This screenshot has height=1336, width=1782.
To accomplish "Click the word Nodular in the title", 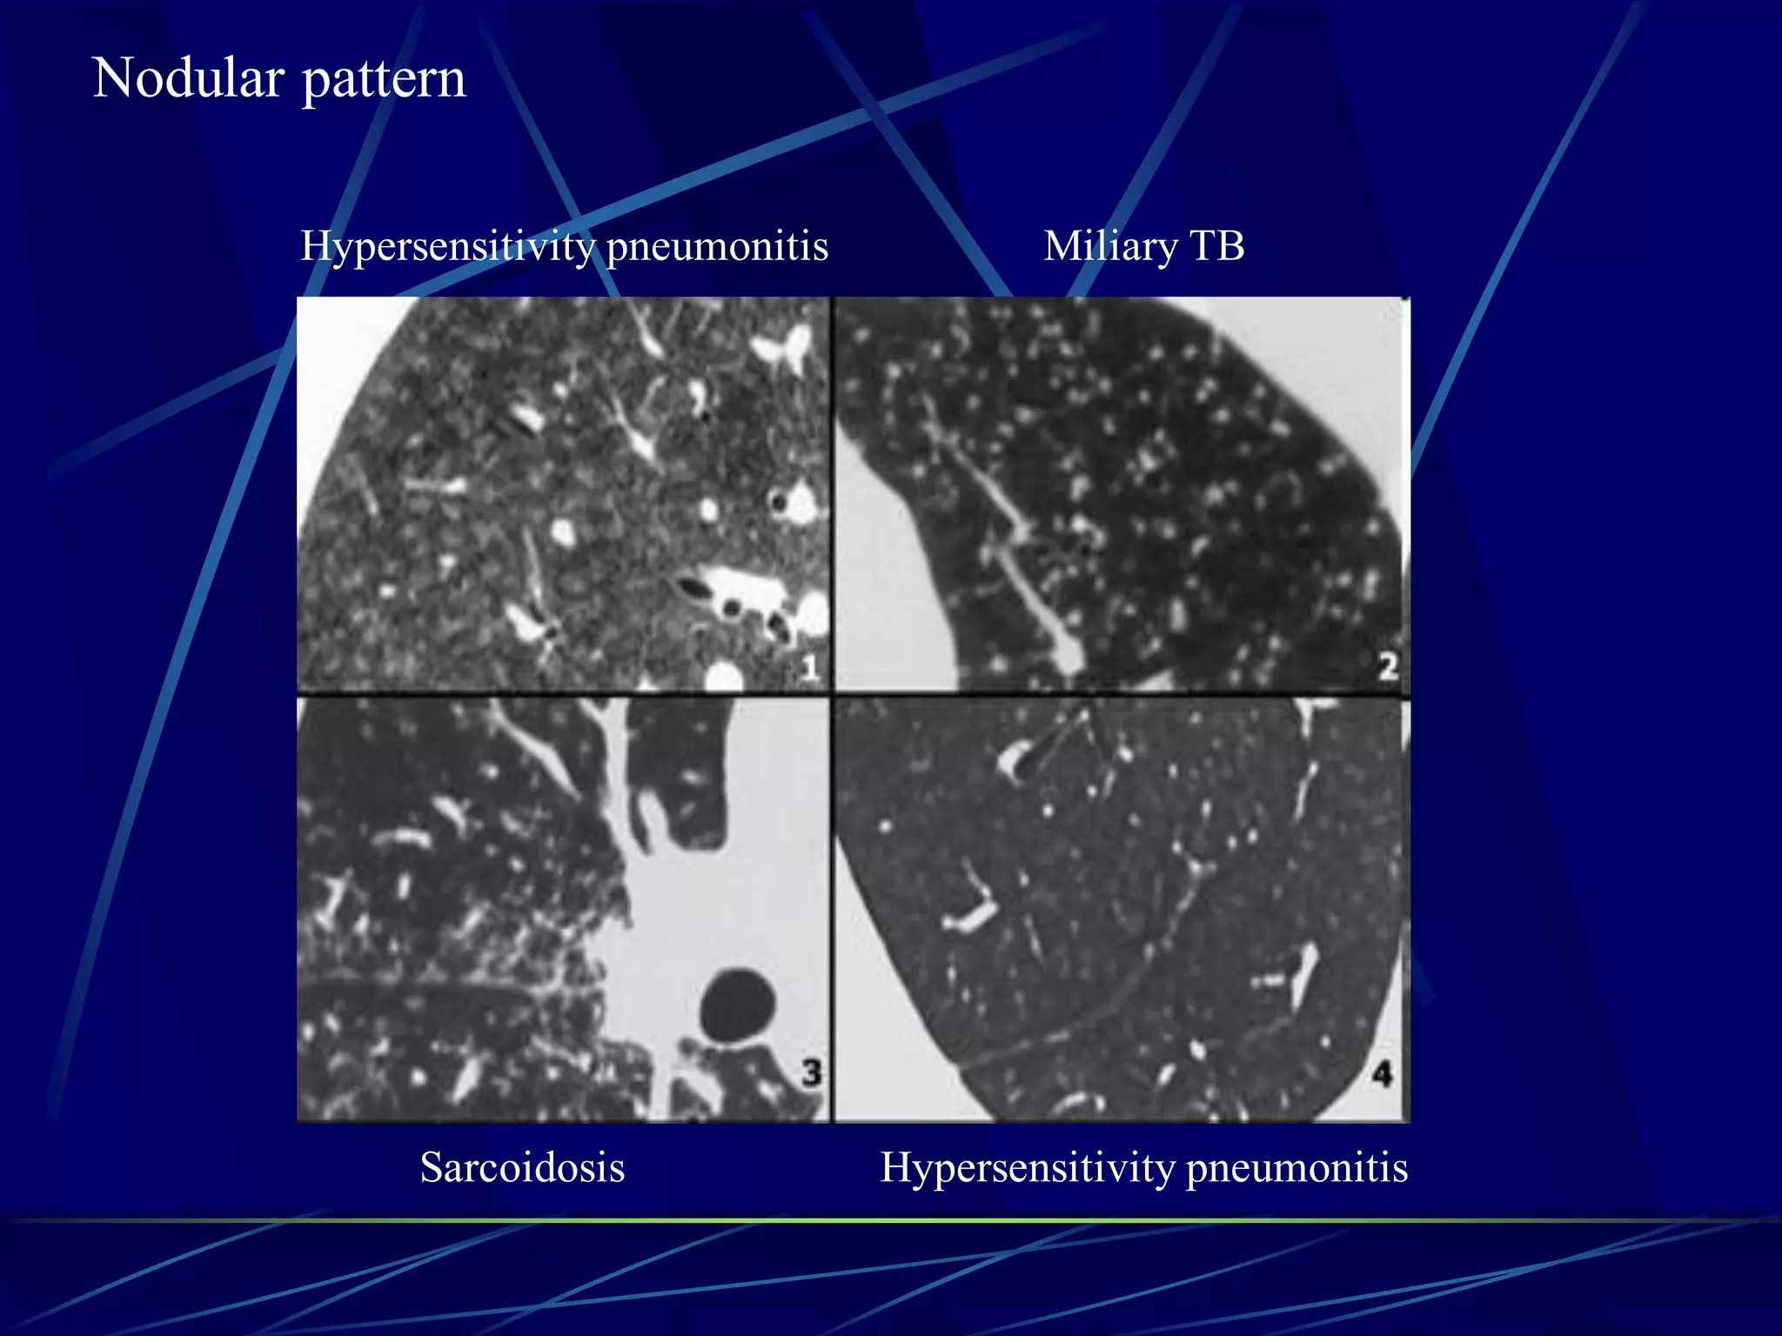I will [x=188, y=78].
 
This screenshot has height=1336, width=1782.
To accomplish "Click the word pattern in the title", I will [x=384, y=80].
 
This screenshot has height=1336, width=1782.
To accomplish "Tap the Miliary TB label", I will [x=1143, y=246].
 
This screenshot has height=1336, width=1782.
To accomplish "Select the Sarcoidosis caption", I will [x=522, y=1167].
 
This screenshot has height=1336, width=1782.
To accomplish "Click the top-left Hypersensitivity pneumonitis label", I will [x=564, y=247].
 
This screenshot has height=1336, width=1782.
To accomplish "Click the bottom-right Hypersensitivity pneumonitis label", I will [x=1143, y=1167].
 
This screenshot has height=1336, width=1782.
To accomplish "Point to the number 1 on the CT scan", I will [x=810, y=668].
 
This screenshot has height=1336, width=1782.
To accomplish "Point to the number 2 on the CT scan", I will [x=1388, y=666].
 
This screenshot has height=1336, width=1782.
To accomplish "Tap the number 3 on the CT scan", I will [x=811, y=1072].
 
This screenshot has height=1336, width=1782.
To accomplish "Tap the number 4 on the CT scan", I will [x=1383, y=1073].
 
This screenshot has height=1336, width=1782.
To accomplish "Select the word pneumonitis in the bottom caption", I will [x=1296, y=1167].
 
